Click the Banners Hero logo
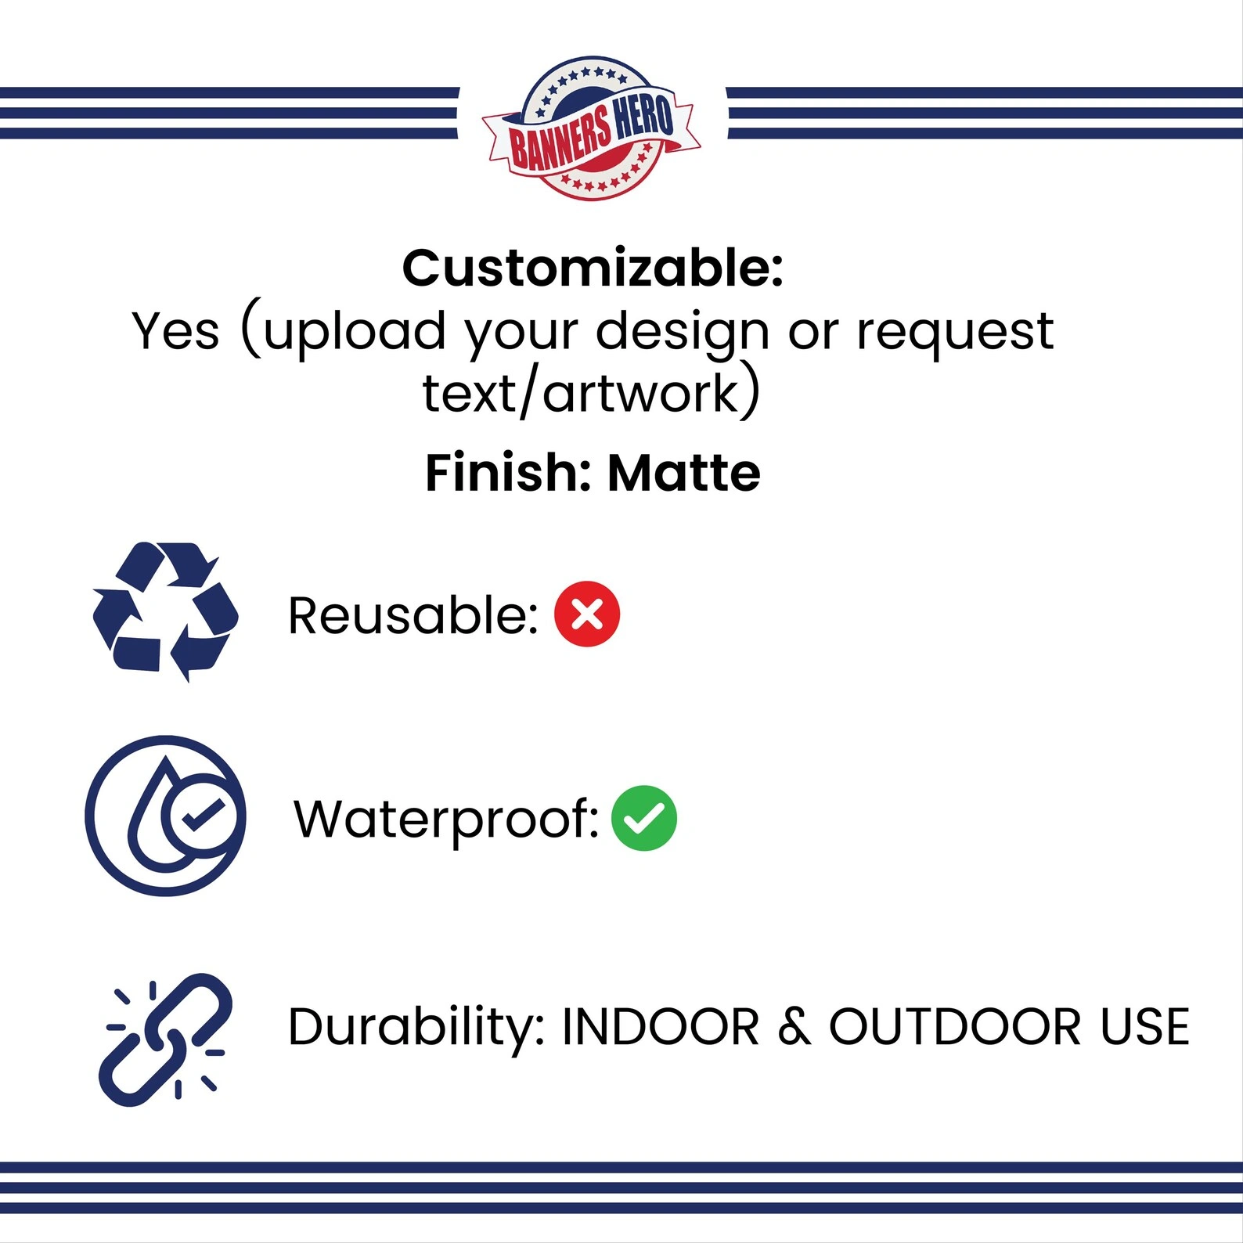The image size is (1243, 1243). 592,128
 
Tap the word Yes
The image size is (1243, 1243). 175,331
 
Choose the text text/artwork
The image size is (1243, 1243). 581,392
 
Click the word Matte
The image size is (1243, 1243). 684,473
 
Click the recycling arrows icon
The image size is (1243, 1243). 165,611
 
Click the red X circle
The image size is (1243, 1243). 587,614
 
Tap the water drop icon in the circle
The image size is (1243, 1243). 165,816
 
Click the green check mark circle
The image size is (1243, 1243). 644,818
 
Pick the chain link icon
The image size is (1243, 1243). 165,1039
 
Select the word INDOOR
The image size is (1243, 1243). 661,1026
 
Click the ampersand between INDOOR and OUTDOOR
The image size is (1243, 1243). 794,1026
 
